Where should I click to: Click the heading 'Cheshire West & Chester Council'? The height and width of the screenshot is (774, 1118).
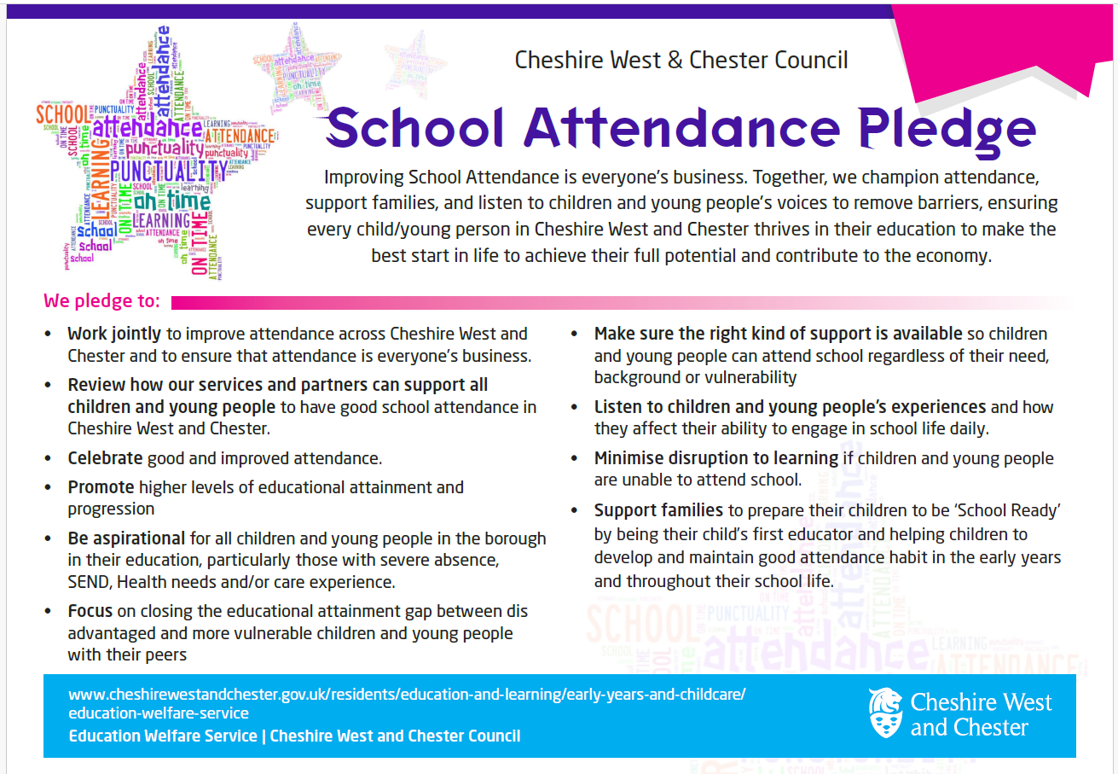[681, 61]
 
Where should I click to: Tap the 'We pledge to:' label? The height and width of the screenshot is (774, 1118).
[101, 301]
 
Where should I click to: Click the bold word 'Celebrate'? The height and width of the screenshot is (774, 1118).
[105, 458]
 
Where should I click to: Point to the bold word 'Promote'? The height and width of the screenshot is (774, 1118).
[101, 488]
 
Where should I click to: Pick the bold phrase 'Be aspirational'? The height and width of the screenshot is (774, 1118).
[126, 539]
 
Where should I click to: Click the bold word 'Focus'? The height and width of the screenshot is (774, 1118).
[90, 612]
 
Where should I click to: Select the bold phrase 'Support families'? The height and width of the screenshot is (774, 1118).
[657, 511]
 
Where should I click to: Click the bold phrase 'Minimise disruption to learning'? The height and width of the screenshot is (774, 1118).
[715, 458]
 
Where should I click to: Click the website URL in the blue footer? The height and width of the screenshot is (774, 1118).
[406, 703]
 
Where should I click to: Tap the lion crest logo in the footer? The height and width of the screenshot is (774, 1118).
[885, 713]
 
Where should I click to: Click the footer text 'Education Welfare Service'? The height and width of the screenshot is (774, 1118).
[162, 736]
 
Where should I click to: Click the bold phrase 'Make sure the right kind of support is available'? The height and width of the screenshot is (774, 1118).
[778, 334]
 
